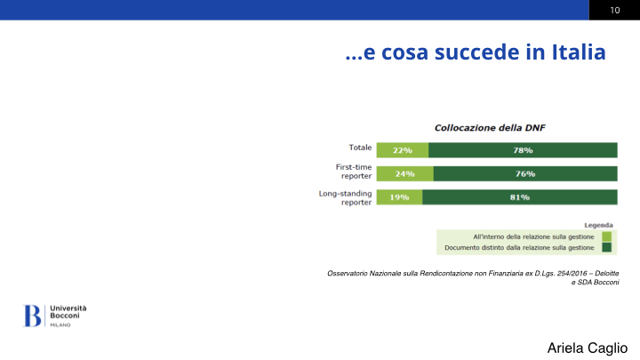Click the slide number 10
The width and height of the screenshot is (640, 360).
pyautogui.click(x=615, y=10)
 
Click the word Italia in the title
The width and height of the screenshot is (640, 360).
pyautogui.click(x=579, y=52)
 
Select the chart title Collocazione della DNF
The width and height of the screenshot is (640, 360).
pyautogui.click(x=490, y=128)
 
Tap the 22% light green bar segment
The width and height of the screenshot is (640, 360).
pyautogui.click(x=403, y=150)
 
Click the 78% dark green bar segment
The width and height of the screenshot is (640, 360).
pyautogui.click(x=523, y=150)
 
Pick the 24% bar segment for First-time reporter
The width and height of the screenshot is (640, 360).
pyautogui.click(x=405, y=174)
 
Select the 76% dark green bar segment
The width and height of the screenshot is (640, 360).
pyautogui.click(x=525, y=174)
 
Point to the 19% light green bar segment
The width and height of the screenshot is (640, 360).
pyautogui.click(x=399, y=197)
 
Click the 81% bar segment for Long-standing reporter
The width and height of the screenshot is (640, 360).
pyautogui.click(x=520, y=197)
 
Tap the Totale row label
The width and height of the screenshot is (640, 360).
pyautogui.click(x=360, y=148)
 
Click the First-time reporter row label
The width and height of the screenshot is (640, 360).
pyautogui.click(x=354, y=172)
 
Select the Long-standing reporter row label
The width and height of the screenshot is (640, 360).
pyautogui.click(x=345, y=198)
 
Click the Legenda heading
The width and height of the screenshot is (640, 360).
pyautogui.click(x=598, y=225)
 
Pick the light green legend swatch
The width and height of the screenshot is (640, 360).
pyautogui.click(x=606, y=236)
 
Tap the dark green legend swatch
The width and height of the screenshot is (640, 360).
pyautogui.click(x=606, y=247)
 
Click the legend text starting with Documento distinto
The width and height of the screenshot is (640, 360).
pyautogui.click(x=519, y=248)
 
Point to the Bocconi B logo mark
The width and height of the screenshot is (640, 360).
pyautogui.click(x=32, y=316)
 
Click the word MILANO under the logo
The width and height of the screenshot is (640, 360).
pyautogui.click(x=60, y=325)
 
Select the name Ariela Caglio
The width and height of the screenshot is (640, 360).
pyautogui.click(x=588, y=348)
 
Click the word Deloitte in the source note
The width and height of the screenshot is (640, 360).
pyautogui.click(x=606, y=273)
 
